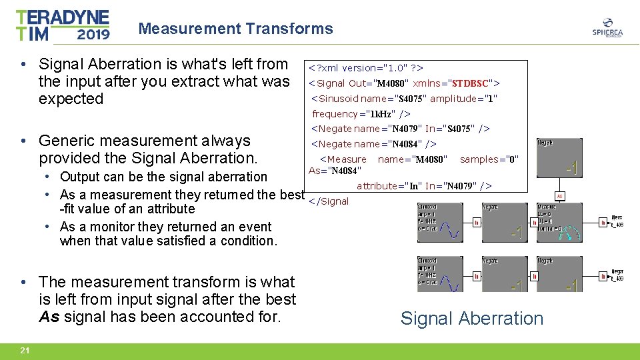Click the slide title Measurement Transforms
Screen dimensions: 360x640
coord(235,29)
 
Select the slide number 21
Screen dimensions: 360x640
coord(25,351)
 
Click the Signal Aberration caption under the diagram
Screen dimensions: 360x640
coord(471,319)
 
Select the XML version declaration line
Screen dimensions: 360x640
coord(365,68)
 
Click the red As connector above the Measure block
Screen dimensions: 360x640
coord(560,196)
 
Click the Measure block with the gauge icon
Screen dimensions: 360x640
coord(559,222)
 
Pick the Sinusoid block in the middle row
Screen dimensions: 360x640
coord(440,222)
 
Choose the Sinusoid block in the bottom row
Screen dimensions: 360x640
coord(440,275)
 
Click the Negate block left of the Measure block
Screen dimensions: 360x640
coord(504,222)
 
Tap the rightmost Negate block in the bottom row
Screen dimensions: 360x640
coord(559,275)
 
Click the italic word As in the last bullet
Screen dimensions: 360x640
coord(49,317)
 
